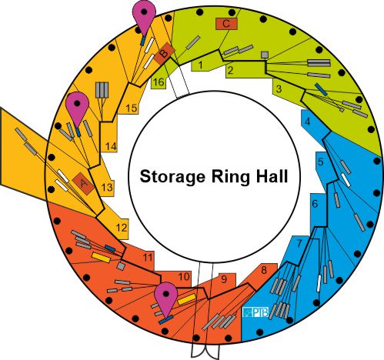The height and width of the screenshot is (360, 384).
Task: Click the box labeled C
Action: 226,24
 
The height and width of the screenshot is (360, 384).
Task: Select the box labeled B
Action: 164,54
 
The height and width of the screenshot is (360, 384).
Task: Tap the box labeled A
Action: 83,183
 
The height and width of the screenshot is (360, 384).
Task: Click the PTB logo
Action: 255,312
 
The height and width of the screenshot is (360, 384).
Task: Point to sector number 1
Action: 201,65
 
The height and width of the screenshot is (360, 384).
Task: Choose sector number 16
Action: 159,82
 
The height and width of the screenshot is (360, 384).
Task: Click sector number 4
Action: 308,121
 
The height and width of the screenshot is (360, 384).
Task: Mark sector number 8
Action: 264,271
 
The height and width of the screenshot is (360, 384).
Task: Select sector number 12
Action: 122,228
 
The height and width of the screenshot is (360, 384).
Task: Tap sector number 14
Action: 111,147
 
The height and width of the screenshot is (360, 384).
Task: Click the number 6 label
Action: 315,204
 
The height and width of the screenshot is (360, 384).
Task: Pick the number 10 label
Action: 184,277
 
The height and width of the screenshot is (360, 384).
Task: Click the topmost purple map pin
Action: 144,15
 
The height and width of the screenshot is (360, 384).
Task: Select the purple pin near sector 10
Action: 166,298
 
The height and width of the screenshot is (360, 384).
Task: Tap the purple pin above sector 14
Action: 77,108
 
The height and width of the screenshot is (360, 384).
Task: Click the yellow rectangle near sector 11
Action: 101,258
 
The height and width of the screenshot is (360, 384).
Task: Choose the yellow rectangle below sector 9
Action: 186,299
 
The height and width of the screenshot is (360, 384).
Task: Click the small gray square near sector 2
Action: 265,55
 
